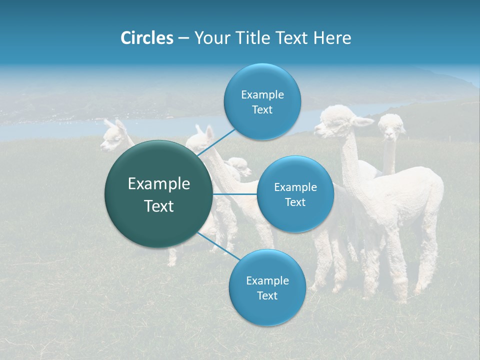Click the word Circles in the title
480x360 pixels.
pyautogui.click(x=146, y=38)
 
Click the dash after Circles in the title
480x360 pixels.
pyautogui.click(x=183, y=38)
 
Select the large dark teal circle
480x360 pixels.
pyautogui.click(x=158, y=194)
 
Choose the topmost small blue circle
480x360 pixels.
pyautogui.click(x=262, y=102)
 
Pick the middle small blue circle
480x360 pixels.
pyautogui.click(x=295, y=194)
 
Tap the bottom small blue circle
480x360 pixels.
pyautogui.click(x=267, y=287)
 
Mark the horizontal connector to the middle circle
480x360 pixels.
pyautogui.click(x=234, y=194)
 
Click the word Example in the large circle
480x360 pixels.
pyautogui.click(x=158, y=184)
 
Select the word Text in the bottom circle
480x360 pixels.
pyautogui.click(x=267, y=295)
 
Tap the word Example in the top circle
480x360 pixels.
pyautogui.click(x=262, y=94)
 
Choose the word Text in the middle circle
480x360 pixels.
pyautogui.click(x=295, y=202)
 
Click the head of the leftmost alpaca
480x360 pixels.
pyautogui.click(x=112, y=136)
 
